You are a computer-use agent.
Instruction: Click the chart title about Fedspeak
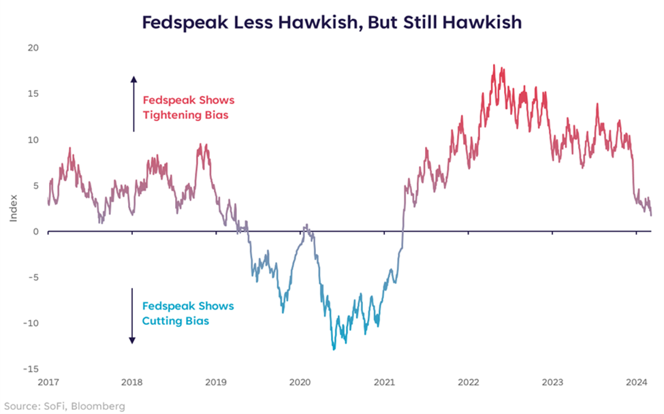tap(332, 22)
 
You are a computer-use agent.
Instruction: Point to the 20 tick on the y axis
tap(33, 48)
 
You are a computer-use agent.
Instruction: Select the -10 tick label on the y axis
tap(31, 323)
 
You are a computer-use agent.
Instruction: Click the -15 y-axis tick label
tap(31, 369)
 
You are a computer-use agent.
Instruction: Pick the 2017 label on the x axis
tap(48, 383)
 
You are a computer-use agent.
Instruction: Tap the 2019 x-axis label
tap(216, 383)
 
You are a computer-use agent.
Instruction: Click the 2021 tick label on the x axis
tap(385, 383)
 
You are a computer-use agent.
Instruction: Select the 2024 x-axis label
tap(636, 383)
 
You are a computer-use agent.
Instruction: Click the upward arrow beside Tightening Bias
tap(133, 102)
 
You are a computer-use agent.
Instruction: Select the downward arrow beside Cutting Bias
tap(133, 317)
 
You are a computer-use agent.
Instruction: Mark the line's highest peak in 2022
tap(493, 66)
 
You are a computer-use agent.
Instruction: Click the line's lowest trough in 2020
tap(334, 349)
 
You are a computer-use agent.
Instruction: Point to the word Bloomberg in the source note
tap(101, 406)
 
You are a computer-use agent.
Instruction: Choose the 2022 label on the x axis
tap(469, 383)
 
